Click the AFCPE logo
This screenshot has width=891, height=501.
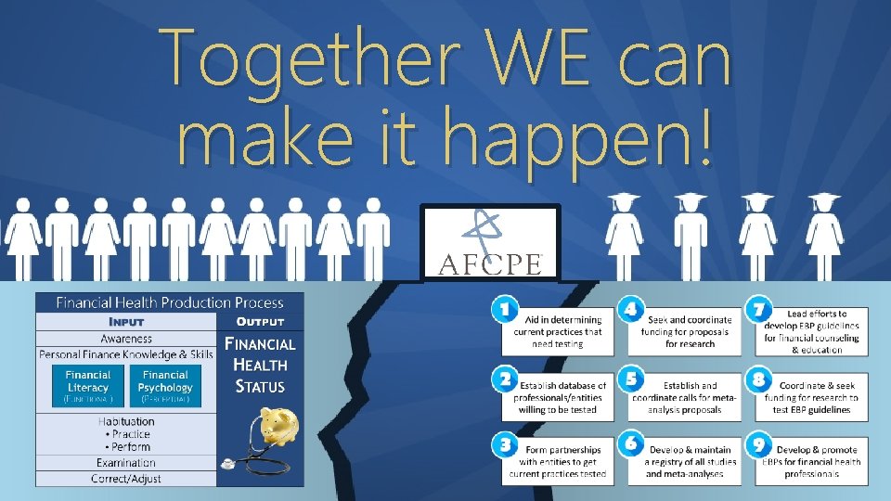point(489,243)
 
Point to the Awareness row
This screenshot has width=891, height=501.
point(126,339)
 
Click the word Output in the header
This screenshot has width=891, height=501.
point(260,321)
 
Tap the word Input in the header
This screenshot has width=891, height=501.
point(126,321)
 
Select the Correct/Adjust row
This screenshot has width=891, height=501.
point(126,479)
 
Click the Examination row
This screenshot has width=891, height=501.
point(126,462)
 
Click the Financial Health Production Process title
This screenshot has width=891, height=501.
point(169,302)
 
